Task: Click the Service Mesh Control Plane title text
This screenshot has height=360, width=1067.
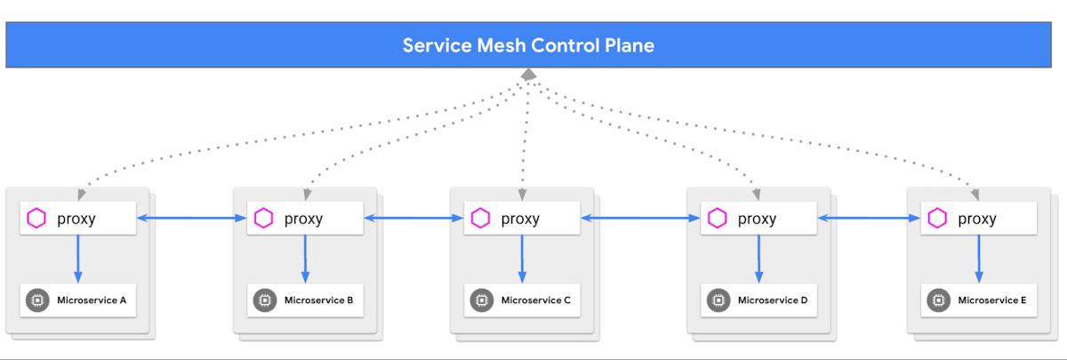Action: pyautogui.click(x=528, y=45)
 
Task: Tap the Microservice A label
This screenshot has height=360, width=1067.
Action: pyautogui.click(x=92, y=300)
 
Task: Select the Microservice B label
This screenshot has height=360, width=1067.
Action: pyautogui.click(x=318, y=300)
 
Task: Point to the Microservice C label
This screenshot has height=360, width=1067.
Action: pyautogui.click(x=536, y=300)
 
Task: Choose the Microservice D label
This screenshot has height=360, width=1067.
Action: pyautogui.click(x=773, y=300)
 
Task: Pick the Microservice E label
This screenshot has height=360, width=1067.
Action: pyautogui.click(x=992, y=300)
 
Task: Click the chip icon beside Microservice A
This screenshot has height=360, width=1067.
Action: pyautogui.click(x=37, y=300)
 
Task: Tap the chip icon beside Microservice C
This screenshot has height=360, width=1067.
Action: pyautogui.click(x=482, y=300)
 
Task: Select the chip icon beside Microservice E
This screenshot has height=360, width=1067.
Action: pyautogui.click(x=938, y=300)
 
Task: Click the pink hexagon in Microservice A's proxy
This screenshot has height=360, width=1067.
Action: pyautogui.click(x=36, y=218)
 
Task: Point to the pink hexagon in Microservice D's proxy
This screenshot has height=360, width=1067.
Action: pyautogui.click(x=717, y=218)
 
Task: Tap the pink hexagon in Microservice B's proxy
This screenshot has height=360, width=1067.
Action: pyautogui.click(x=263, y=218)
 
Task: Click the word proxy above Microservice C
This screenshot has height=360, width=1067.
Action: pyautogui.click(x=520, y=219)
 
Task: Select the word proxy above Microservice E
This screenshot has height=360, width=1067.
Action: pyautogui.click(x=977, y=219)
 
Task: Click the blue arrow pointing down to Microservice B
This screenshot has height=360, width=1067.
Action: pyautogui.click(x=305, y=259)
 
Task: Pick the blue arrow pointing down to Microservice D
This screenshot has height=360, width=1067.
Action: pyautogui.click(x=758, y=259)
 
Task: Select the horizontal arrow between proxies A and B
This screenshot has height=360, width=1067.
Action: pyautogui.click(x=191, y=218)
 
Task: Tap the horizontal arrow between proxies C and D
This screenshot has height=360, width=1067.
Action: pyautogui.click(x=641, y=218)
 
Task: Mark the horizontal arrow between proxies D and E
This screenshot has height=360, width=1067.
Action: pyautogui.click(x=869, y=218)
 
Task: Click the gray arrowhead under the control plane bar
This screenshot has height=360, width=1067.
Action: pyautogui.click(x=528, y=75)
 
